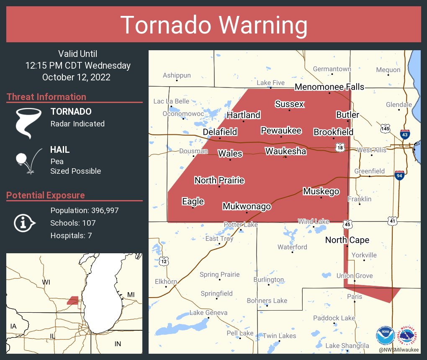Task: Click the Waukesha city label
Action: pos(286,151)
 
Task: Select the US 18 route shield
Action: pos(340,147)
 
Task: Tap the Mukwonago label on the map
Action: pos(247,206)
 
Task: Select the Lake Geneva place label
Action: pos(208,313)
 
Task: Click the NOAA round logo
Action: pos(385,335)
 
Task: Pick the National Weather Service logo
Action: pos(409,335)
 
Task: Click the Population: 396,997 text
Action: pos(85,210)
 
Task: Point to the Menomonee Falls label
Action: pos(329,87)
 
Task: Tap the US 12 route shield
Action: pos(164,262)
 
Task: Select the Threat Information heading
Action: pos(46,97)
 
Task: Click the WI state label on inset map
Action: pos(46,283)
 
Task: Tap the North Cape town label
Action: pos(347,240)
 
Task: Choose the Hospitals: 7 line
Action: pos(71,235)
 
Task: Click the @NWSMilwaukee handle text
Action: pos(399,349)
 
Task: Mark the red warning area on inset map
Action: pos(73,300)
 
